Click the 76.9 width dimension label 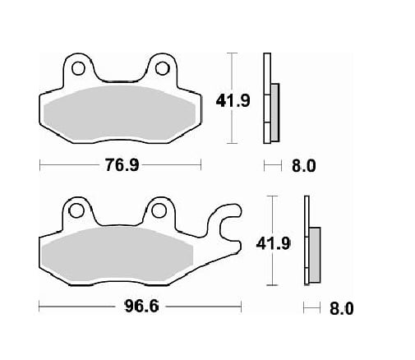coord(122,165)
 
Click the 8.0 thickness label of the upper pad coord(303,165)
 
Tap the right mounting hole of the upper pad coord(163,67)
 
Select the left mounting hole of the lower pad coord(77,211)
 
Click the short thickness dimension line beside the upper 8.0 coord(271,165)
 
